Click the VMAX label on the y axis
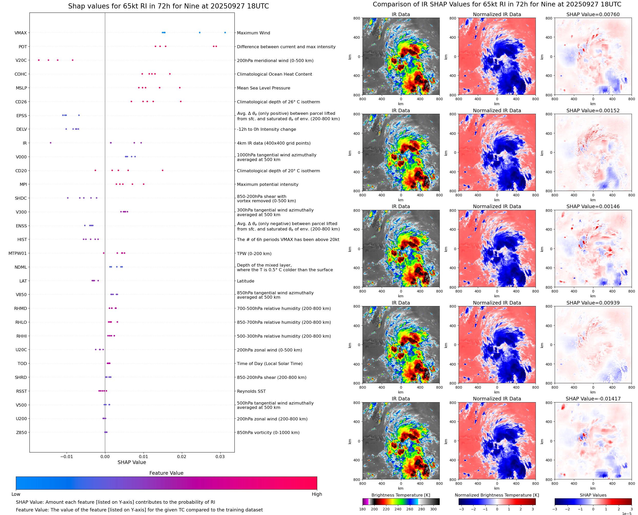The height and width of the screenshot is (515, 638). tap(20, 33)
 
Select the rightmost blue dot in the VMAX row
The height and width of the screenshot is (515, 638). tap(225, 33)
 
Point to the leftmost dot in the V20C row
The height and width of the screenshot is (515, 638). tap(39, 60)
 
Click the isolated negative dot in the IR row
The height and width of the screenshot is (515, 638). tap(50, 143)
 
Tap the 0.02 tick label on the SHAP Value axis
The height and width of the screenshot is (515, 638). tap(182, 457)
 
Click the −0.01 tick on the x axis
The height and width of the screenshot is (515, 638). tap(67, 457)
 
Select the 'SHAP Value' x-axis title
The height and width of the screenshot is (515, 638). tap(132, 462)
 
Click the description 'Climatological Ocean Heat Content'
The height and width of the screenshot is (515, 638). tap(274, 74)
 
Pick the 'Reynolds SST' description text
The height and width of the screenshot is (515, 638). tap(251, 391)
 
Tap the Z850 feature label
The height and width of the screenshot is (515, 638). tap(21, 432)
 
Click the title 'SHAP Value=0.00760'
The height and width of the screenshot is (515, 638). tap(593, 15)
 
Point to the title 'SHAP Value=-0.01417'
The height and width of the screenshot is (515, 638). tap(593, 399)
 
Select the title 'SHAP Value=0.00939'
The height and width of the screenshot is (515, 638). tap(593, 303)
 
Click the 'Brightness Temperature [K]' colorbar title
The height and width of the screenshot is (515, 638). tap(400, 495)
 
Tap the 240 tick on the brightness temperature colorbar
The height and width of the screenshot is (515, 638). tap(398, 509)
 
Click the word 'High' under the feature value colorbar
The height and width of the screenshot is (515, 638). tap(317, 494)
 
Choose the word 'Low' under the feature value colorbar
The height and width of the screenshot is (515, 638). tap(16, 494)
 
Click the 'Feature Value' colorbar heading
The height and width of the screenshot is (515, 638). tap(166, 473)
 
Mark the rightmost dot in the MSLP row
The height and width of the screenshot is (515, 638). tap(180, 88)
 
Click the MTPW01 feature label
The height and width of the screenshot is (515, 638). tap(17, 253)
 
